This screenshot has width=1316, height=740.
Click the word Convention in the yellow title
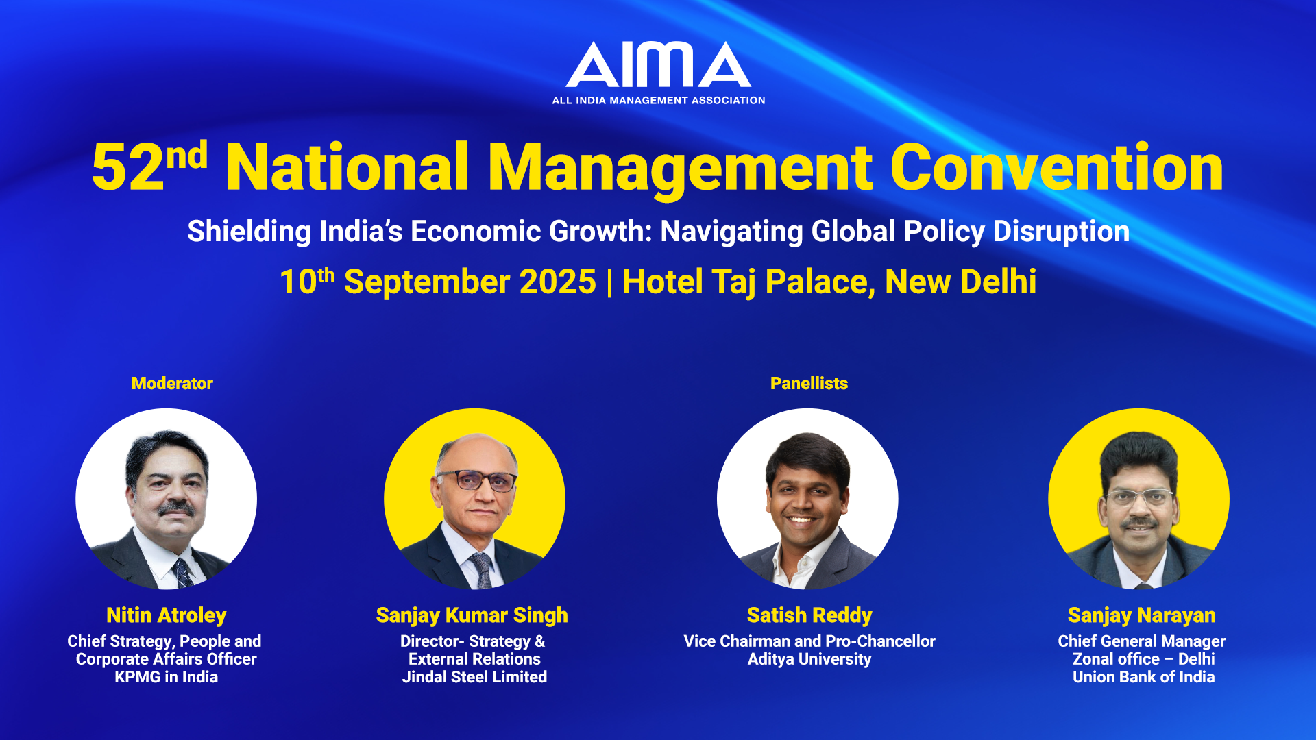pyautogui.click(x=1056, y=167)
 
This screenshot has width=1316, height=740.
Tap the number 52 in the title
pyautogui.click(x=127, y=168)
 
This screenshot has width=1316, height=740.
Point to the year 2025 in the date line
pyautogui.click(x=558, y=282)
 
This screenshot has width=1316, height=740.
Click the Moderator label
pyautogui.click(x=172, y=383)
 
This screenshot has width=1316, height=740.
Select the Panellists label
pyautogui.click(x=809, y=383)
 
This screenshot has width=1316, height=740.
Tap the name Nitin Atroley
pyautogui.click(x=167, y=615)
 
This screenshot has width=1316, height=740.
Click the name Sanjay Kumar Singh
pyautogui.click(x=472, y=615)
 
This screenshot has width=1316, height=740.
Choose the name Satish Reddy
pyautogui.click(x=809, y=615)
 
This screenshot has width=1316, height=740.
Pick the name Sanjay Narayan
pyautogui.click(x=1142, y=615)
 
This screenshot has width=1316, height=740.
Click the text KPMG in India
pyautogui.click(x=167, y=677)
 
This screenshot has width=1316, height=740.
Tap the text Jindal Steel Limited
pyautogui.click(x=474, y=677)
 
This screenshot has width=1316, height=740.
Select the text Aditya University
pyautogui.click(x=809, y=659)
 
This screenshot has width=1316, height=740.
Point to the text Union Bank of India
pyautogui.click(x=1143, y=677)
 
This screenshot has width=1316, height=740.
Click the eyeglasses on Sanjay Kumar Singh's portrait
pyautogui.click(x=477, y=480)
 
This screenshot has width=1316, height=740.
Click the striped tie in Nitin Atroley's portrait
pyautogui.click(x=183, y=573)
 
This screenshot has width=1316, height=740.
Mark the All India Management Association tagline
pyautogui.click(x=659, y=100)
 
